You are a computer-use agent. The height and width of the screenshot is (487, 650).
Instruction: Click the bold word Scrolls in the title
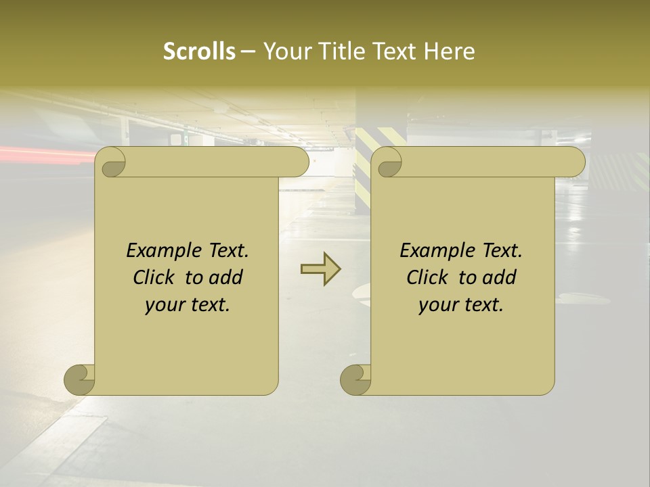pyautogui.click(x=199, y=51)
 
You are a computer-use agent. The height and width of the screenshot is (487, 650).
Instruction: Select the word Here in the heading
pyautogui.click(x=450, y=51)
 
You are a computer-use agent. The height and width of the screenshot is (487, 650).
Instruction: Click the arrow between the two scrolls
pyautogui.click(x=320, y=269)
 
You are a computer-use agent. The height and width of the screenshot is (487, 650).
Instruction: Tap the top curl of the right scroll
pyautogui.click(x=388, y=163)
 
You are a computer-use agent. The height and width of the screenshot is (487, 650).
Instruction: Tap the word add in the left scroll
pyautogui.click(x=226, y=277)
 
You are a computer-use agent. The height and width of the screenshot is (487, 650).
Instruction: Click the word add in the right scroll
pyautogui.click(x=500, y=277)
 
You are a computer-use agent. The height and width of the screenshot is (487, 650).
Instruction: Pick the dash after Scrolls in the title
pyautogui.click(x=248, y=52)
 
